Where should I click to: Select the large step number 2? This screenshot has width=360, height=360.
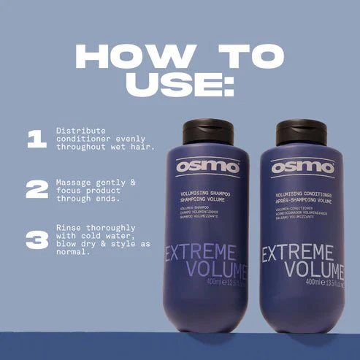pyautogui.click(x=37, y=190)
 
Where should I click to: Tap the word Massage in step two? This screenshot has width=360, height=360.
pyautogui.click(x=74, y=180)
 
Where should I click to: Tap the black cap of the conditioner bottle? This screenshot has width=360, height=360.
pyautogui.click(x=301, y=132)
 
